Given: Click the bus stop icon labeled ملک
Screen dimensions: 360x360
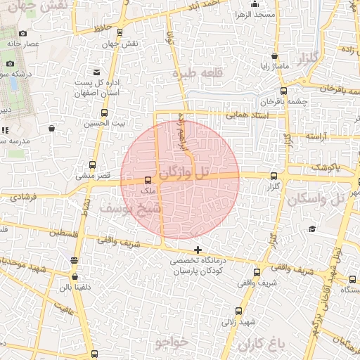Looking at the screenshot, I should (147, 180).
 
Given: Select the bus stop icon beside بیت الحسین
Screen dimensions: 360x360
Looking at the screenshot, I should (105, 113).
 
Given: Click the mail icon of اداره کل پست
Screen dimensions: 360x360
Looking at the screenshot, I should (95, 72).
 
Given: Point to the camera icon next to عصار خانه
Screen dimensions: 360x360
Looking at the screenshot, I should (22, 33).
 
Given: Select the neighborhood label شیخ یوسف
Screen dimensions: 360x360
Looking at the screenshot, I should (131, 209).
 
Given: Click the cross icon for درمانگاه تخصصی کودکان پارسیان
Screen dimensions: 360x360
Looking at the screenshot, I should (198, 250).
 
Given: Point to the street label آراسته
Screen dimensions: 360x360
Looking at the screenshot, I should (314, 136).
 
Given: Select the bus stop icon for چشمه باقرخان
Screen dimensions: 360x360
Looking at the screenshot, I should (284, 91).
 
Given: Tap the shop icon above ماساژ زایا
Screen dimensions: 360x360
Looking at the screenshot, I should (274, 56).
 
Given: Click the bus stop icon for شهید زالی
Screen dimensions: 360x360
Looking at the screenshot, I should (239, 310).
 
